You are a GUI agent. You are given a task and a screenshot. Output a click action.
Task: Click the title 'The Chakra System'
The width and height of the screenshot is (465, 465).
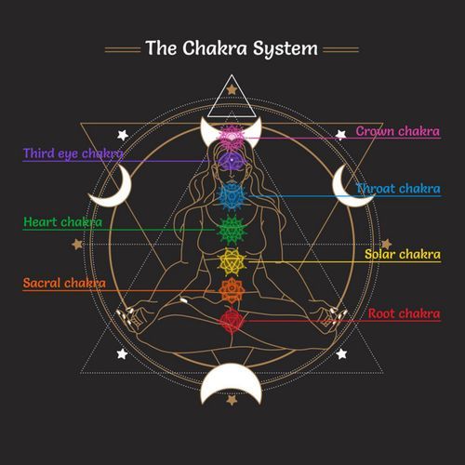pyautogui.click(x=232, y=46)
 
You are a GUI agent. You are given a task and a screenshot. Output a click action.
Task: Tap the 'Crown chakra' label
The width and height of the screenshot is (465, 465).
pyautogui.click(x=397, y=131)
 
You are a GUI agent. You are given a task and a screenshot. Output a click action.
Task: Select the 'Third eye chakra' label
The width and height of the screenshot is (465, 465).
pyautogui.click(x=73, y=153)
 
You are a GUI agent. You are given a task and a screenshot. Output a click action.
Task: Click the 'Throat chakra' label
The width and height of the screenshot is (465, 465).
pyautogui.click(x=398, y=189)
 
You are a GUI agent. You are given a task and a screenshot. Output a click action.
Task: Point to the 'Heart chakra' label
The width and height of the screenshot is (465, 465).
pyautogui.click(x=62, y=223)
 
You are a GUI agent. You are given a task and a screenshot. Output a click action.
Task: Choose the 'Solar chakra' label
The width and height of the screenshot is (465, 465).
pyautogui.click(x=402, y=253)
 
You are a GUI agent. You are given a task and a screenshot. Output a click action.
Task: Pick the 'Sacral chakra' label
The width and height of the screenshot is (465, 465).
pyautogui.click(x=64, y=283)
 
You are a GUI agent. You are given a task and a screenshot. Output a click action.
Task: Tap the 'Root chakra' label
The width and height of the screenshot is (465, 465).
pyautogui.click(x=403, y=313)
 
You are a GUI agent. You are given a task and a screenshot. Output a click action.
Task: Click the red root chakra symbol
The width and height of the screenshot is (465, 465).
pyautogui.click(x=231, y=321)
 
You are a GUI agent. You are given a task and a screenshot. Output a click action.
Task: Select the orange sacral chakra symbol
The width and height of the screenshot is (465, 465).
pyautogui.click(x=231, y=290)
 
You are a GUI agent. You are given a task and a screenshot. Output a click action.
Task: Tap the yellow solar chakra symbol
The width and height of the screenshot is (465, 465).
pyautogui.click(x=231, y=259)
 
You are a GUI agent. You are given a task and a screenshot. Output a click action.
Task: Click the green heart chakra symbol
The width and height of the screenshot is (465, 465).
pyautogui.click(x=231, y=226)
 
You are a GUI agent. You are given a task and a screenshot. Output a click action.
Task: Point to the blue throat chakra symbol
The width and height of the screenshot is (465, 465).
pyautogui.click(x=231, y=194)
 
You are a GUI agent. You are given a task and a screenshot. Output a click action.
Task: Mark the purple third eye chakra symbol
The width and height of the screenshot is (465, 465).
pyautogui.click(x=231, y=159)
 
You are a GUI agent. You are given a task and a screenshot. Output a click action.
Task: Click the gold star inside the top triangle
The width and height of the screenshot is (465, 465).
pyautogui.click(x=231, y=90)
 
